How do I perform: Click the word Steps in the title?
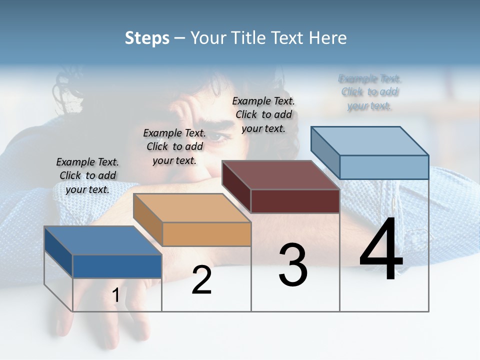147,38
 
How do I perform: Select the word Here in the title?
328,38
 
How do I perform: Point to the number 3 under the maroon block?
293,265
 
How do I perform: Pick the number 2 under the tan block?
201,280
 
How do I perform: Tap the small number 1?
115,295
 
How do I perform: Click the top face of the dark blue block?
102,240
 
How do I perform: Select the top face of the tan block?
191,207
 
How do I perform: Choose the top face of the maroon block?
280,175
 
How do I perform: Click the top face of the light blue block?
370,140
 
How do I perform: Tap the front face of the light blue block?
384,167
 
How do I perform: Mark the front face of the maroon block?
295,201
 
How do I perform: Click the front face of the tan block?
206,234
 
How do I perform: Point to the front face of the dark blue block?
117,266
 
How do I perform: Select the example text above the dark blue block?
87,175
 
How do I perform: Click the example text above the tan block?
174,146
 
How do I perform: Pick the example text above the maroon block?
263,114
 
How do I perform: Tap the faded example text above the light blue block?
369,92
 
